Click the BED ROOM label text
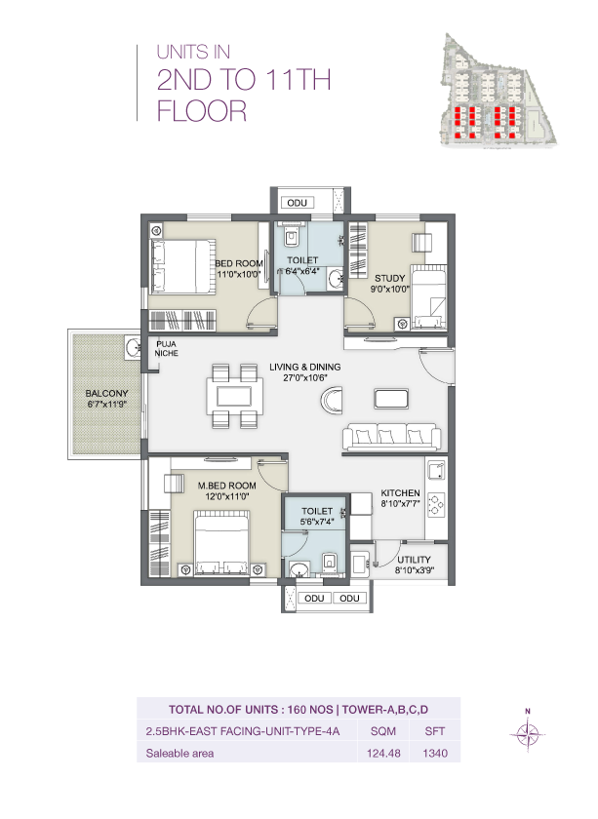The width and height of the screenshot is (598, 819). (x=238, y=263)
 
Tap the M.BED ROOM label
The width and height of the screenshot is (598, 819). (x=226, y=485)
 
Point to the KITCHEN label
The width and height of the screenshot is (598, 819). (x=400, y=492)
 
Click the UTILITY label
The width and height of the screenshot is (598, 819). (x=415, y=560)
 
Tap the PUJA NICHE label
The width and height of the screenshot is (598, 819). (x=165, y=349)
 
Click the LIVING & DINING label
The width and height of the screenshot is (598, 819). (x=304, y=367)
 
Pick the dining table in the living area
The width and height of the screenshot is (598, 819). (x=234, y=396)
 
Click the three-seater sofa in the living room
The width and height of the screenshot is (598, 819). (x=390, y=438)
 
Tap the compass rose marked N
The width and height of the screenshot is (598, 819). (x=527, y=733)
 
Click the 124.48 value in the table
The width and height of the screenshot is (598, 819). (x=377, y=752)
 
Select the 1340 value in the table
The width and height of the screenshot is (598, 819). (x=434, y=752)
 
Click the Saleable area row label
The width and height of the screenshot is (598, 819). (x=179, y=752)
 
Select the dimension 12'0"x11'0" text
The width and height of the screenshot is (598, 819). (x=226, y=496)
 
